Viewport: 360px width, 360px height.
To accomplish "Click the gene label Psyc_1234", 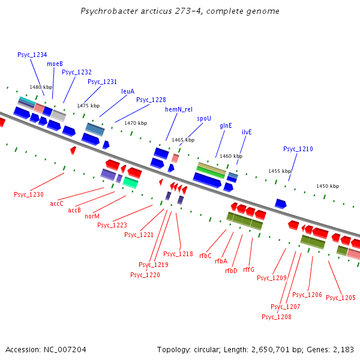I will [x=32, y=55].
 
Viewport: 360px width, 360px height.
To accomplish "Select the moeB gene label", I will [x=55, y=64].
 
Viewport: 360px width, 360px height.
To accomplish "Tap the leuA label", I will [x=128, y=91].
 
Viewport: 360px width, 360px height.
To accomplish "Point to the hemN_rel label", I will [x=179, y=109].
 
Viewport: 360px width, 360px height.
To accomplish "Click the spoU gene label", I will [x=204, y=118].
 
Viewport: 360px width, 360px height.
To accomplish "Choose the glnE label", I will [x=226, y=125].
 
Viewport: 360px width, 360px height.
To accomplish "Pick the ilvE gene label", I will [x=247, y=131].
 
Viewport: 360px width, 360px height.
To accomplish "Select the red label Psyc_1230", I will [x=29, y=194].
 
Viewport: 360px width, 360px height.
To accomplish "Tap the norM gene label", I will [x=92, y=216].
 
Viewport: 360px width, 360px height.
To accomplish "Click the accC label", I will [x=57, y=203].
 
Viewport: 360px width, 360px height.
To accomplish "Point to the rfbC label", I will [x=205, y=256].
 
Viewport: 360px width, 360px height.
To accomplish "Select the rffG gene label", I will [x=249, y=269].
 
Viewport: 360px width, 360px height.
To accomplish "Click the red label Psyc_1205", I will [x=341, y=298].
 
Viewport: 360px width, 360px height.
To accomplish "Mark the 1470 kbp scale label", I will [x=136, y=123].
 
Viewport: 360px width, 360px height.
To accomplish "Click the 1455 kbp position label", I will [x=280, y=171].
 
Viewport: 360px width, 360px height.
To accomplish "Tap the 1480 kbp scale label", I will [x=41, y=87].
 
